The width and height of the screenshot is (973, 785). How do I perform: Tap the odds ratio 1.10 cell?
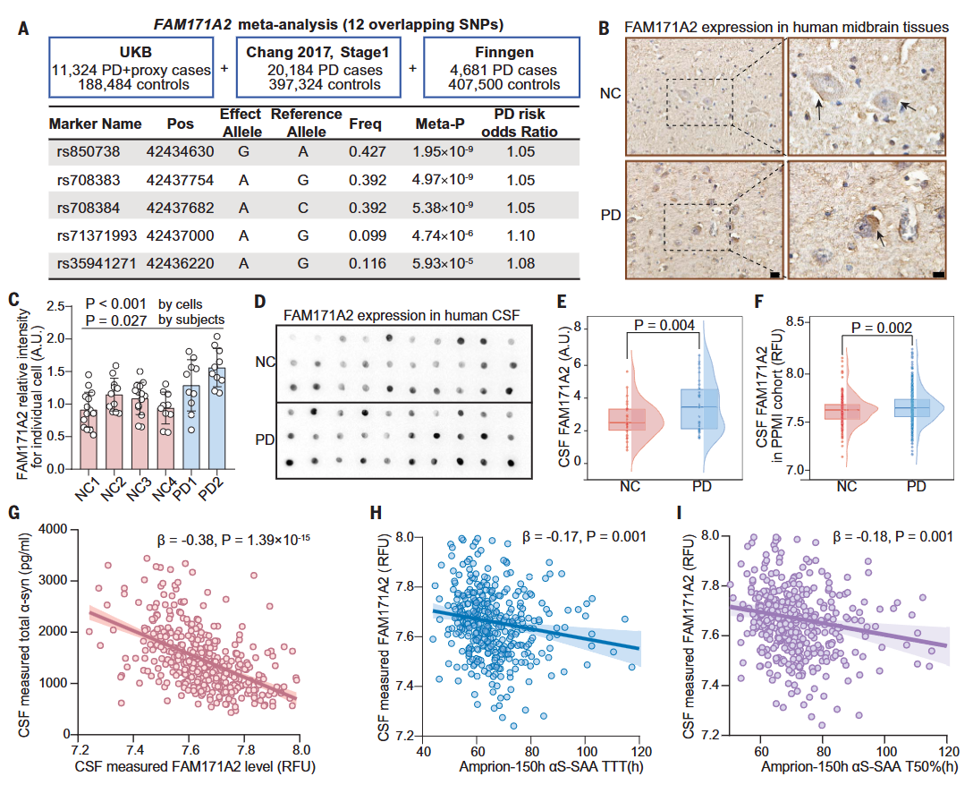(x=520, y=235)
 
